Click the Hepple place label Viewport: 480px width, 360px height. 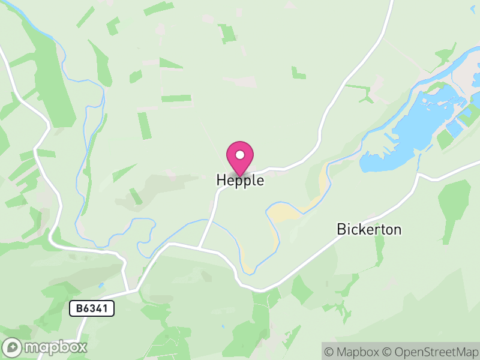[240, 181]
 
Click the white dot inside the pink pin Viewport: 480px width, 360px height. [240, 155]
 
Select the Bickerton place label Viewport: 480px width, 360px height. [368, 229]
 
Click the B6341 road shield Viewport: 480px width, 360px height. [91, 309]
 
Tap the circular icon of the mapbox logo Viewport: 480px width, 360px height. [13, 347]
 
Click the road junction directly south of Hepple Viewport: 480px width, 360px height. [199, 247]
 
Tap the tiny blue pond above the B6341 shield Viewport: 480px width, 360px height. [103, 286]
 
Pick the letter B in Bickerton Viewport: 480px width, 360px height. [341, 229]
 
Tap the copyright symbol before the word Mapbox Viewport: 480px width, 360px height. [330, 351]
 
